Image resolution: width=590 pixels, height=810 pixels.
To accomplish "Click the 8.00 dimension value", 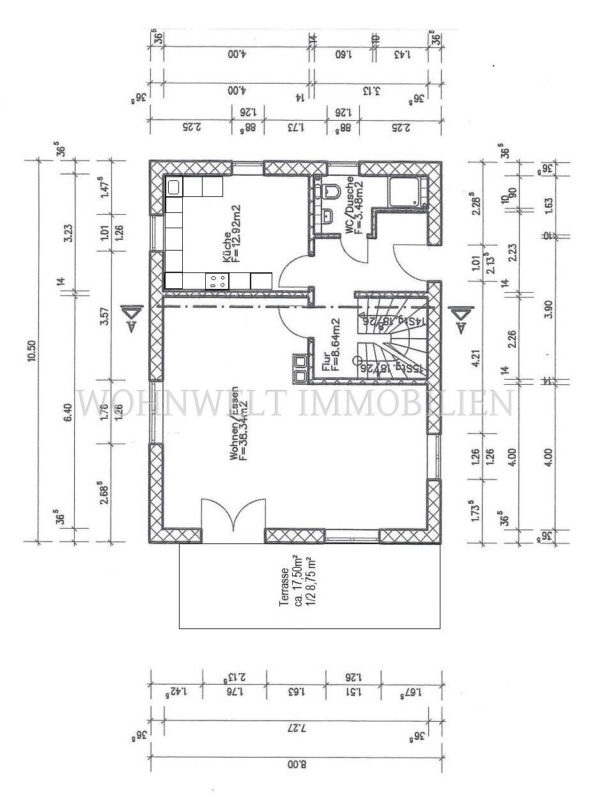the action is (x=295, y=763).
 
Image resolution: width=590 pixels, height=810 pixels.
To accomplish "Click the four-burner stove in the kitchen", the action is (x=217, y=280).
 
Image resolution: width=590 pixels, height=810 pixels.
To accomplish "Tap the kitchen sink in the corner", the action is (x=174, y=187).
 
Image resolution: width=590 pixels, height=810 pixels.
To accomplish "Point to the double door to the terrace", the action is (x=233, y=515).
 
